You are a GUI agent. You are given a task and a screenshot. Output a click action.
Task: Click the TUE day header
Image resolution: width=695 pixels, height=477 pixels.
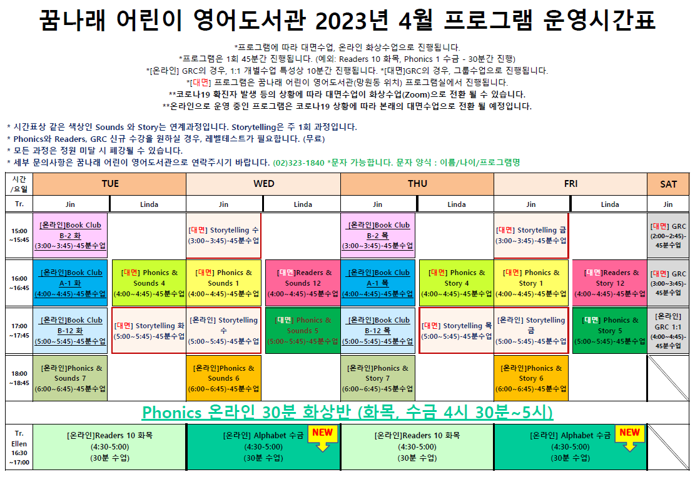click(x=109, y=184)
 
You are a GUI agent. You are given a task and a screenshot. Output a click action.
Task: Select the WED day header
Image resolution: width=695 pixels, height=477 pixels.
click(x=263, y=184)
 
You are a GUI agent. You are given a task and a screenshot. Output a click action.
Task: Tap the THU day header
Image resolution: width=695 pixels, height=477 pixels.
click(x=417, y=184)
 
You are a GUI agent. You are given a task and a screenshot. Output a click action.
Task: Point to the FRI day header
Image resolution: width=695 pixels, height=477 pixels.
click(x=571, y=184)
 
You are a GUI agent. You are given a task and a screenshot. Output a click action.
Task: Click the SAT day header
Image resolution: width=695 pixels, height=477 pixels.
click(x=668, y=184)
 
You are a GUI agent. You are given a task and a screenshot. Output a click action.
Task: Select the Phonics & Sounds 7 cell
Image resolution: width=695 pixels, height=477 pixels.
click(x=70, y=378)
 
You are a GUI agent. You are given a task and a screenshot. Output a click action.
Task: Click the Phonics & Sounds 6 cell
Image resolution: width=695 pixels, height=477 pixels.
click(x=223, y=378)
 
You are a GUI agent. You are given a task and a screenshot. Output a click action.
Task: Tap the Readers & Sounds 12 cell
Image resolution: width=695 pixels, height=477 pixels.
click(x=303, y=283)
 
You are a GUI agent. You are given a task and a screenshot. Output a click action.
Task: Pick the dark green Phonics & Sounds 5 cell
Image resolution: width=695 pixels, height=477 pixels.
click(x=303, y=331)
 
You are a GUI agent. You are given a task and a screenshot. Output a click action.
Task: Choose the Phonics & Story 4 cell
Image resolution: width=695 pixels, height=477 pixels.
click(x=456, y=283)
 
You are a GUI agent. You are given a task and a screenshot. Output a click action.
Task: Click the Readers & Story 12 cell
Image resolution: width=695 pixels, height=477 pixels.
click(x=610, y=283)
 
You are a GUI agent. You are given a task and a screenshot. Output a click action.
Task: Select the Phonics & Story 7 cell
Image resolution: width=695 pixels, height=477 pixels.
click(x=378, y=378)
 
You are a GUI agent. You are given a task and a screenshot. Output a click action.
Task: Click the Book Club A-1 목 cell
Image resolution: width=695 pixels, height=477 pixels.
click(x=378, y=283)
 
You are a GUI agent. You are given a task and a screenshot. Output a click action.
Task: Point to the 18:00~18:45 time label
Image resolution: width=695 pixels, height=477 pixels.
click(x=19, y=378)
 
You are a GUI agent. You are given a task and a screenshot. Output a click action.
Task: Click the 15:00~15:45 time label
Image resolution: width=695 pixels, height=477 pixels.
click(x=19, y=236)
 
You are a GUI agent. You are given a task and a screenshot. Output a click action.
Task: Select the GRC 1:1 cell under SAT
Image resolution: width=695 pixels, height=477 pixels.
click(x=668, y=331)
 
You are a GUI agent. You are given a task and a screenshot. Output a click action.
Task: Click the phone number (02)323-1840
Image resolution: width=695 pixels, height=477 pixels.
click(x=299, y=163)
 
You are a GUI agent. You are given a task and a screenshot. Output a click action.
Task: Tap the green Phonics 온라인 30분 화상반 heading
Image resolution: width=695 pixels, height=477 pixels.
click(x=348, y=413)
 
